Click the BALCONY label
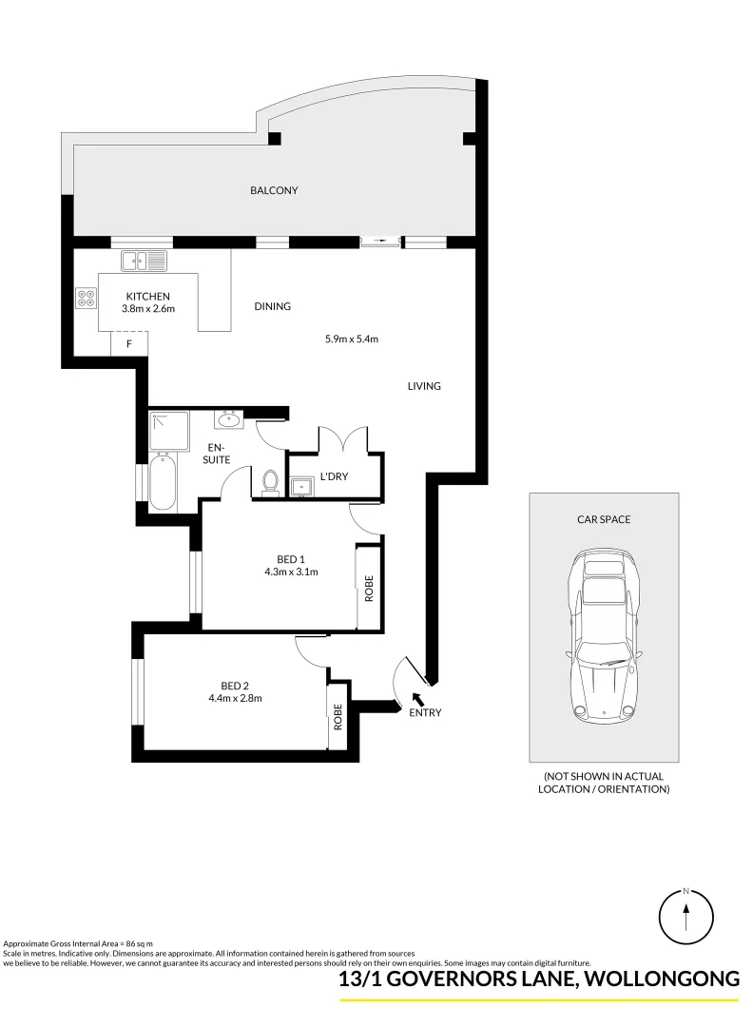(274, 190)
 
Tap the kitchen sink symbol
(144, 260)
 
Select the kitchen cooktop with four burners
(87, 299)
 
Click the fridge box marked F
(129, 343)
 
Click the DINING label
(272, 306)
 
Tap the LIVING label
(424, 386)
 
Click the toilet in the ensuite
(269, 483)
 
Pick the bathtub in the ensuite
(162, 481)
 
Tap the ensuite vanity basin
(229, 419)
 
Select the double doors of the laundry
(343, 440)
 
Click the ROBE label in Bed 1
(369, 587)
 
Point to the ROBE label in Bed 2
(338, 722)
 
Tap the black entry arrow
(416, 701)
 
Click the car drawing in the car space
(603, 637)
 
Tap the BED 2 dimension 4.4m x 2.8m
(235, 698)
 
